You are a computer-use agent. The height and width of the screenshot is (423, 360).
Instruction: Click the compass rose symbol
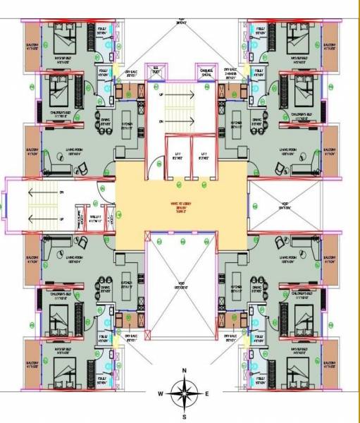[x=184, y=392]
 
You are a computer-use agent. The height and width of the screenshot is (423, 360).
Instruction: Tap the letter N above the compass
[x=184, y=370]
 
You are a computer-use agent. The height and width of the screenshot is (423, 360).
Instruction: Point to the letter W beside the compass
[x=161, y=393]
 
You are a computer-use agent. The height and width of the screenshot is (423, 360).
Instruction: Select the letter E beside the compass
[x=206, y=393]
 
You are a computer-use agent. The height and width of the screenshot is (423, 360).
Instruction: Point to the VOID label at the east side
[x=285, y=207]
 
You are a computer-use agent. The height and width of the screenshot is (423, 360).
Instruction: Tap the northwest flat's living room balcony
[x=32, y=151]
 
